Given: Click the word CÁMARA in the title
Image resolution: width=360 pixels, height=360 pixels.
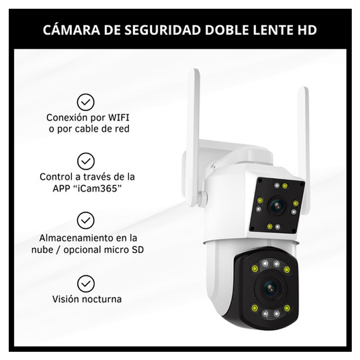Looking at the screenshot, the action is click(x=71, y=29).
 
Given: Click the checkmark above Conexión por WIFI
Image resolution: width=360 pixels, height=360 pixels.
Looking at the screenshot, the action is click(x=86, y=102).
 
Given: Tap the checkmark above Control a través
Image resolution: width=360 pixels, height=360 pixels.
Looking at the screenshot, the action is click(x=86, y=161).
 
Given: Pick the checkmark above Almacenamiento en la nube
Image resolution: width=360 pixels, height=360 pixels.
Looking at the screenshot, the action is click(x=86, y=221).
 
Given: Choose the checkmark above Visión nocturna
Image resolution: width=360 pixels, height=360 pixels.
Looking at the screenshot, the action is click(x=86, y=284).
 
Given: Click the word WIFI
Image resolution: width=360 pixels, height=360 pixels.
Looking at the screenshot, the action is click(x=118, y=118).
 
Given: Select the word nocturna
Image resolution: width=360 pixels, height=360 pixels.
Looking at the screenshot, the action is click(x=101, y=299).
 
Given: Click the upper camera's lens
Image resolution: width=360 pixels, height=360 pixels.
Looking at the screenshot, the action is click(x=277, y=206).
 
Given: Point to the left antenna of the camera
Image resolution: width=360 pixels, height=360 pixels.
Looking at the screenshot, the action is click(x=193, y=137).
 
